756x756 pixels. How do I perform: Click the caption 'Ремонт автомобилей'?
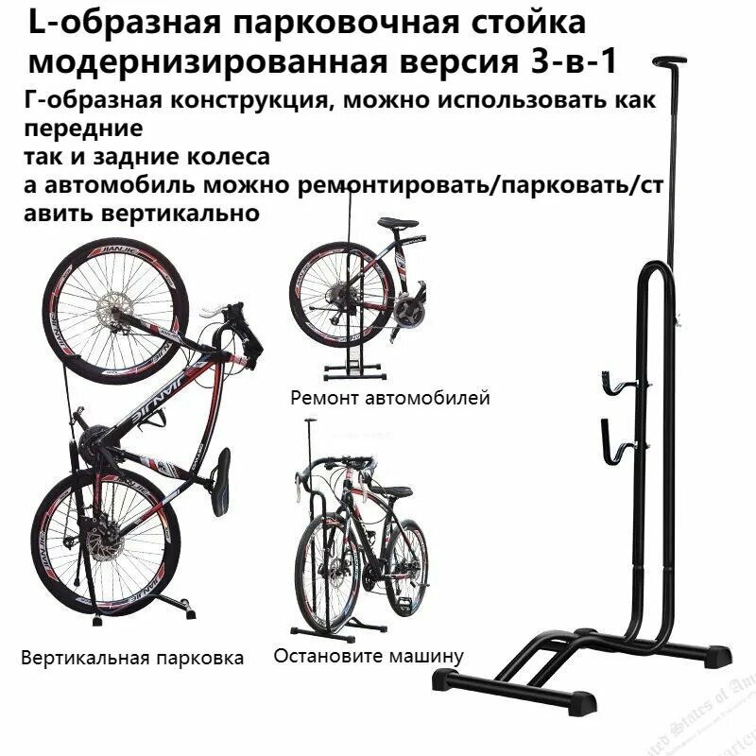click(x=390, y=398)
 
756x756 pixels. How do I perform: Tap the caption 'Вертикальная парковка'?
click(x=132, y=657)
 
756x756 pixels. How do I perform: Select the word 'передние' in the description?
click(x=80, y=127)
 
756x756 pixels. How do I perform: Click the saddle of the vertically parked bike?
click(x=219, y=481)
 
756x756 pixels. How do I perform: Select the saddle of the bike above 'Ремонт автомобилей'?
click(x=401, y=224)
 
